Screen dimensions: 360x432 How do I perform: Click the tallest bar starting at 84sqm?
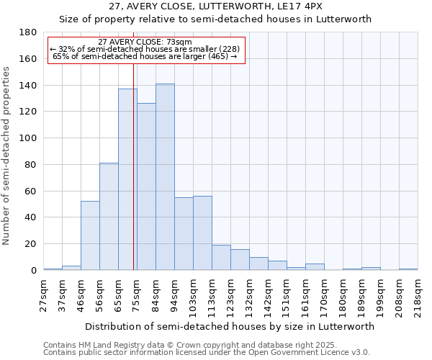(165, 177)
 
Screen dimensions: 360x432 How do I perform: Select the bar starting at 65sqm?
(127, 179)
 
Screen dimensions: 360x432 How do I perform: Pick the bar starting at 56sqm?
(109, 216)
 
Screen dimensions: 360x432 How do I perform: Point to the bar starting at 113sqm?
(221, 257)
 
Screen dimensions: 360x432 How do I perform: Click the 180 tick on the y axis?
(28, 32)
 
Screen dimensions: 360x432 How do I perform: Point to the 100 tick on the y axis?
(28, 138)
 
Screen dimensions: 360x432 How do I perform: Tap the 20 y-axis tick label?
(31, 244)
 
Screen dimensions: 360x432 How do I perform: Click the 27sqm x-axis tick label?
(43, 294)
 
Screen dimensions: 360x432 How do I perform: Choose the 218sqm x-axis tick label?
(418, 294)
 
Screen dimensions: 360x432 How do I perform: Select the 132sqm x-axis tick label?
(249, 294)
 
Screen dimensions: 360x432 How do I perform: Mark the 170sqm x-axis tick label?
(324, 294)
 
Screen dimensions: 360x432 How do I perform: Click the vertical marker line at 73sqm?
(134, 166)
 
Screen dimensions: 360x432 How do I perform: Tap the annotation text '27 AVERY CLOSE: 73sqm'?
(145, 42)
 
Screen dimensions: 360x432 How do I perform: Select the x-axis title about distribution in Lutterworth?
(230, 326)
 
